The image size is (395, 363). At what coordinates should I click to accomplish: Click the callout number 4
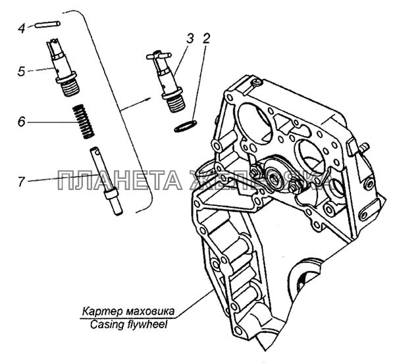tap(21, 28)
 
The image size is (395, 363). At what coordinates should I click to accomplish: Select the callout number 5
tap(21, 70)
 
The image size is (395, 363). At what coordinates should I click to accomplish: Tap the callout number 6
tap(21, 122)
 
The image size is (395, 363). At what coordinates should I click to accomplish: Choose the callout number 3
tap(190, 39)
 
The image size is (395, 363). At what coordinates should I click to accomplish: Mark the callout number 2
tap(206, 39)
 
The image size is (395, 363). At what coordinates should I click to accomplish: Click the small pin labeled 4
tap(49, 24)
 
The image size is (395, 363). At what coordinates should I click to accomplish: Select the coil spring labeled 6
tap(82, 122)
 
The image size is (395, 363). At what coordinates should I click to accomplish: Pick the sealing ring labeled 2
tap(185, 125)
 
